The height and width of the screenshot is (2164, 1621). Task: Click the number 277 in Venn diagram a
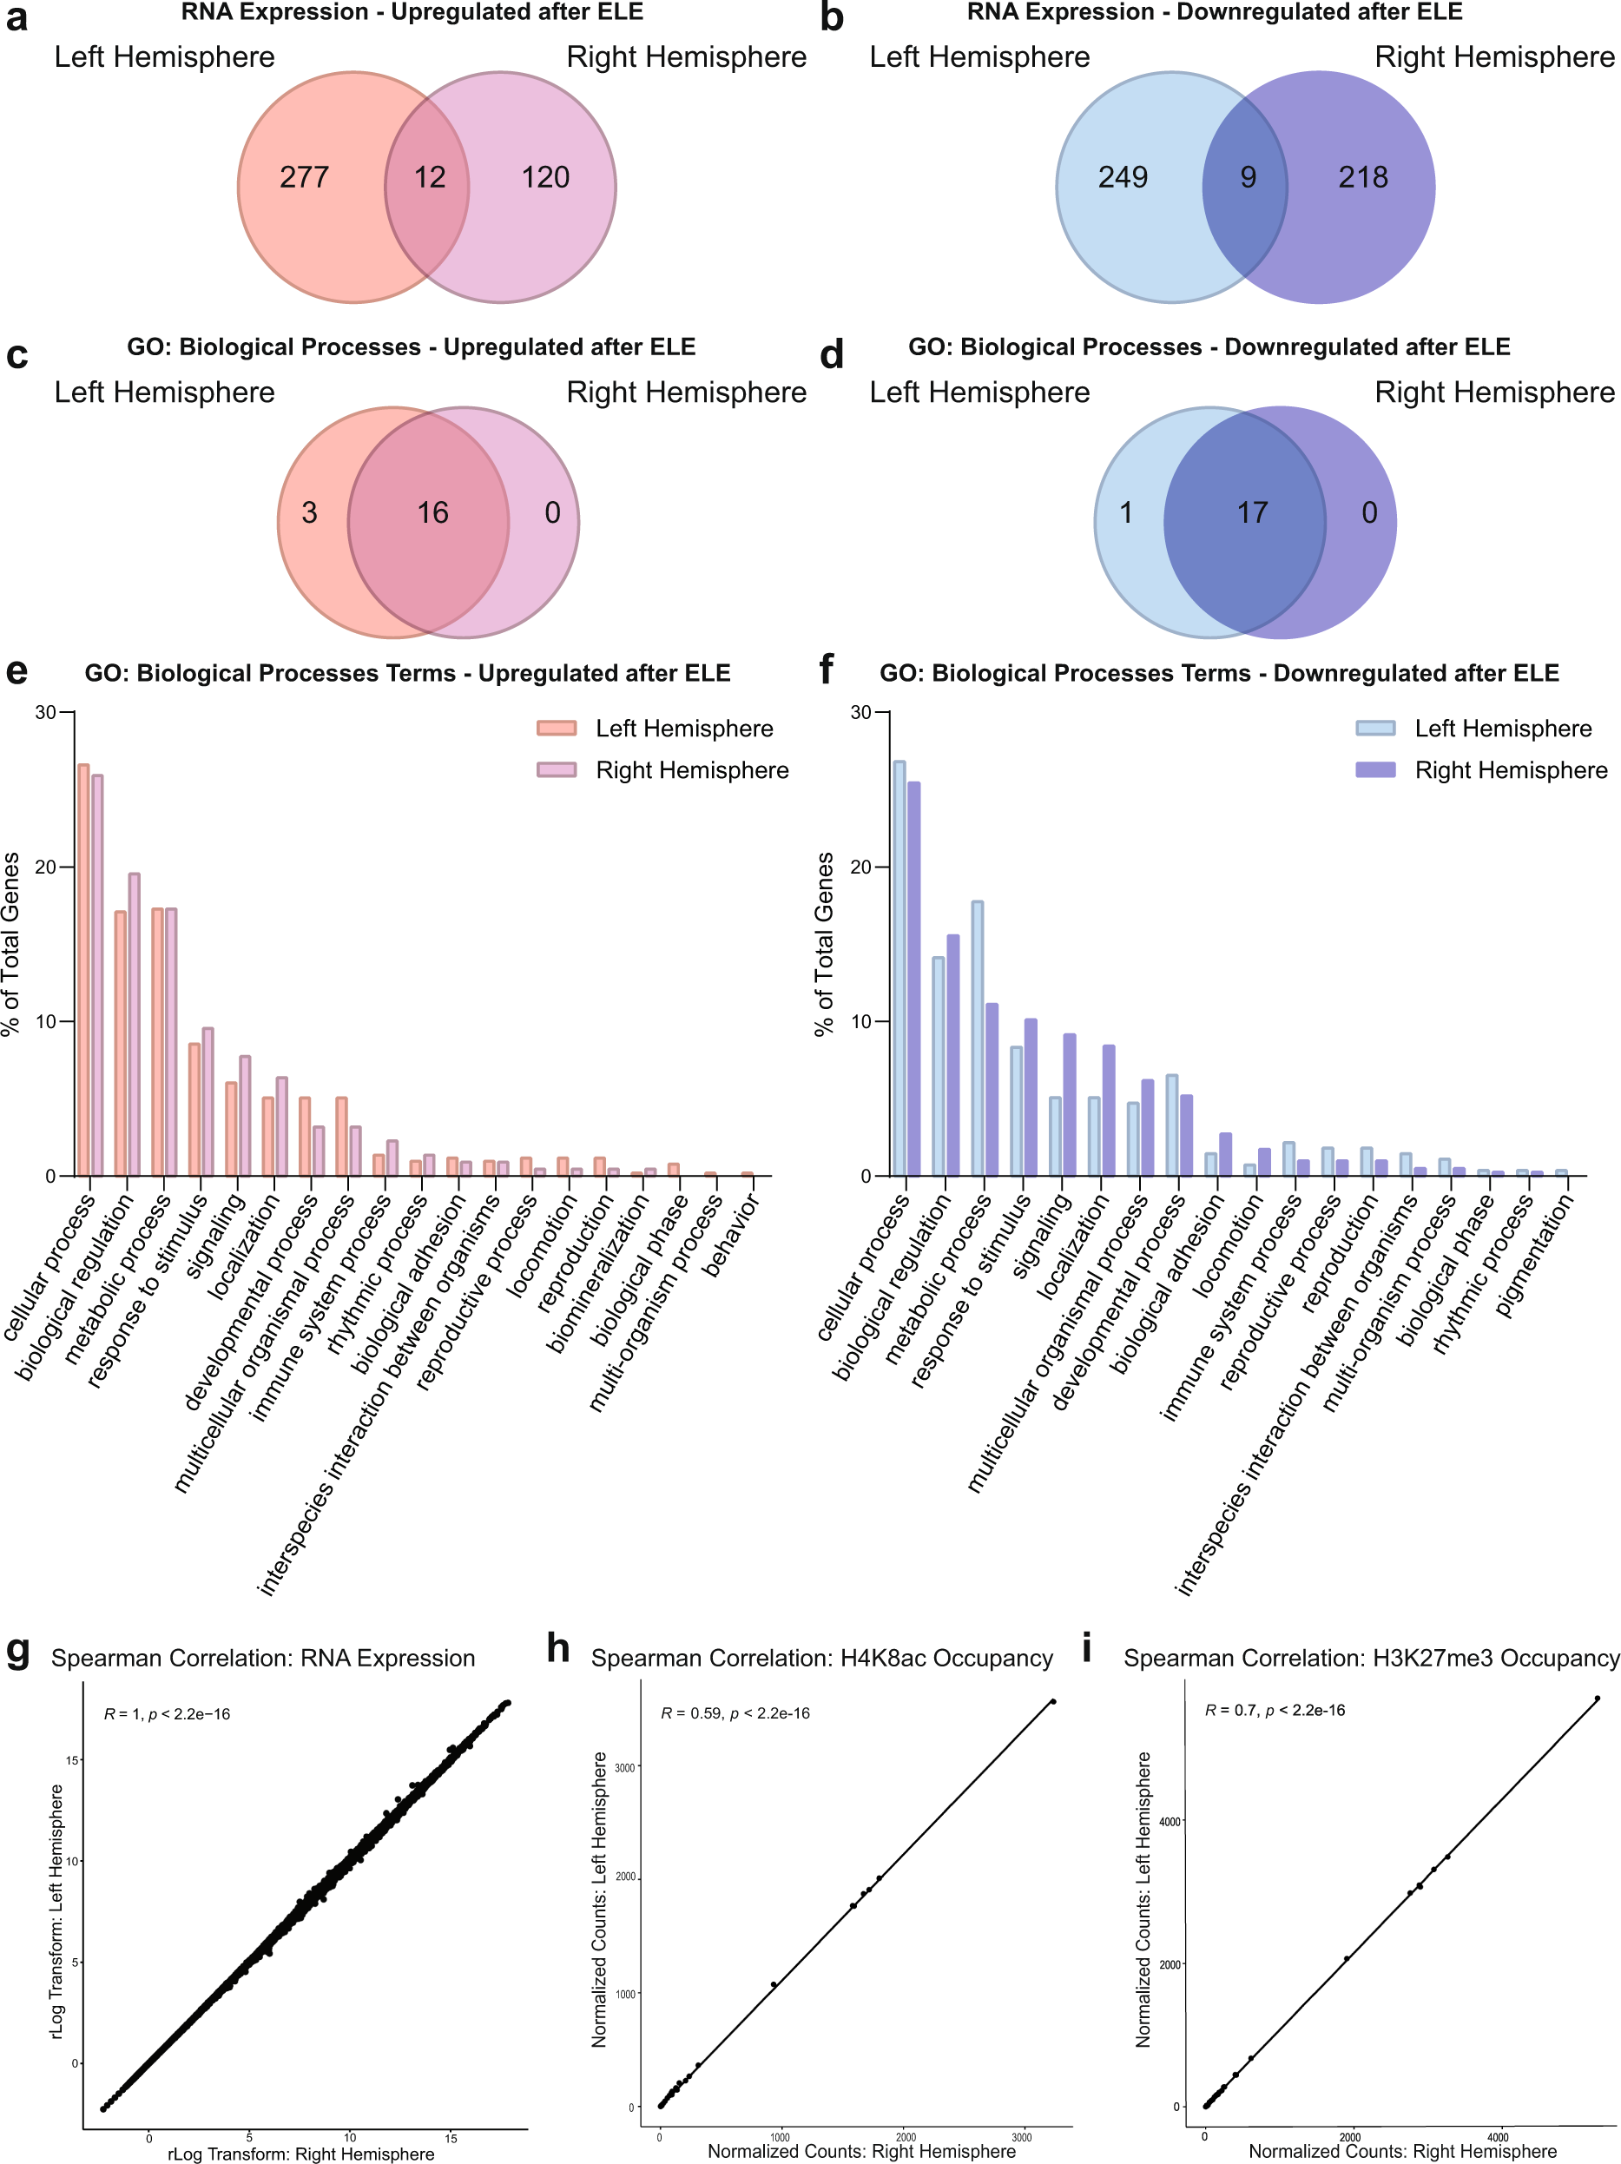click(304, 177)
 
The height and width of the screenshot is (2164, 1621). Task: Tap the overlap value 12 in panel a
click(430, 177)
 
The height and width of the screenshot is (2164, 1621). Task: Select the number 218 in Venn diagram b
click(1363, 177)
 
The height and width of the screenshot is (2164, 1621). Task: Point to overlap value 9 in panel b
click(1248, 177)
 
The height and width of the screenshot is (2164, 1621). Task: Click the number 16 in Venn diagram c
click(432, 512)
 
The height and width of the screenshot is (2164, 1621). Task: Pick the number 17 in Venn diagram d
click(1251, 512)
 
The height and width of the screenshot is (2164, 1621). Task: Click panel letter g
click(17, 1649)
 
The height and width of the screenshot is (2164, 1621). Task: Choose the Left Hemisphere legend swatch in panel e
click(556, 728)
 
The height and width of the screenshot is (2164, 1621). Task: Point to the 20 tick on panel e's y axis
click(46, 867)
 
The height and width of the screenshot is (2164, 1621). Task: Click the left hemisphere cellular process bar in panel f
click(898, 968)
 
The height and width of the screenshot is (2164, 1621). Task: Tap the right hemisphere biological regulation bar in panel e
click(134, 1025)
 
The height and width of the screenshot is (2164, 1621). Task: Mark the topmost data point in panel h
click(1052, 1701)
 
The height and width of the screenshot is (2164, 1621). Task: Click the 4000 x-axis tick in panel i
click(1497, 2138)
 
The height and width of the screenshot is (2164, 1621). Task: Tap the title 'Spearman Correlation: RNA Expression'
click(263, 1659)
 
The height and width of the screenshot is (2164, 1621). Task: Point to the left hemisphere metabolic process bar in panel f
click(976, 1038)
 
